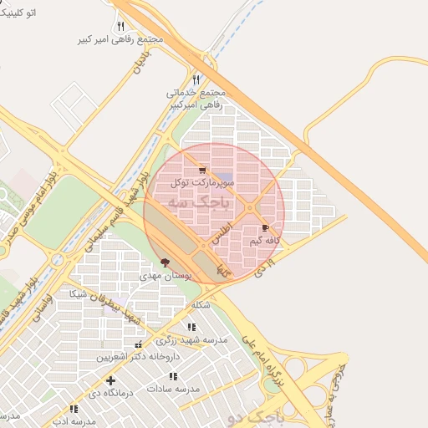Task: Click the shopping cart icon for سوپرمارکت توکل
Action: [x=201, y=171]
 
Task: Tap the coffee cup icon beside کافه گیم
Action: [x=265, y=228]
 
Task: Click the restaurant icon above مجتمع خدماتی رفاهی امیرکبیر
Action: [x=196, y=80]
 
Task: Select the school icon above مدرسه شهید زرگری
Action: [x=191, y=327]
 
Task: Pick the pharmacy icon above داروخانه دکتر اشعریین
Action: [x=139, y=344]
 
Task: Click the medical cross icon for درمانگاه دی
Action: [x=110, y=380]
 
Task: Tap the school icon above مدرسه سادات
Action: [x=173, y=377]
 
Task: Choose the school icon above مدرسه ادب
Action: [x=74, y=409]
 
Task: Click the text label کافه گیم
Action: [x=261, y=241]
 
